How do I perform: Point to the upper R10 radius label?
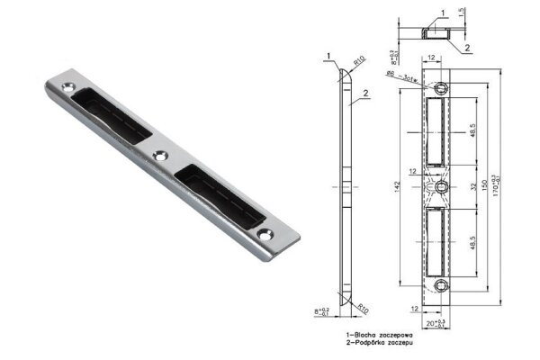(358, 62)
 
